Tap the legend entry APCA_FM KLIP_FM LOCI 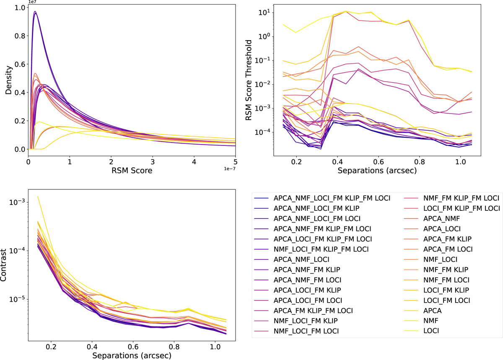point(313,311)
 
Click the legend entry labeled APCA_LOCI point(442,228)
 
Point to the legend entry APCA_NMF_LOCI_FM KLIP point(316,208)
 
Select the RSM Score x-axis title point(132,171)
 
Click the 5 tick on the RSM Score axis point(235,161)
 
